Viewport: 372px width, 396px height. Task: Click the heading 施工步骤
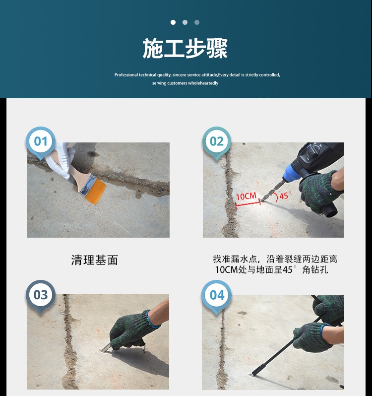pyautogui.click(x=185, y=49)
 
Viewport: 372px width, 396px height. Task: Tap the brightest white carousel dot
pyautogui.click(x=173, y=22)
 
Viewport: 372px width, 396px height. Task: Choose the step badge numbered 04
pyautogui.click(x=217, y=296)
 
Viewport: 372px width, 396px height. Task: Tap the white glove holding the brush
pyautogui.click(x=61, y=160)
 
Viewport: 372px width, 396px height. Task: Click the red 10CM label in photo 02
pyautogui.click(x=246, y=196)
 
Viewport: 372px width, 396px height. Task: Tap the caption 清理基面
pyautogui.click(x=95, y=260)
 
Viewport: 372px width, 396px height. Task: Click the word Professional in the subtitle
pyautogui.click(x=126, y=75)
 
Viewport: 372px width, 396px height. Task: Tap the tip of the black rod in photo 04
pyautogui.click(x=252, y=375)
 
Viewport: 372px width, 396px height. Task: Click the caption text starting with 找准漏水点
pyautogui.click(x=275, y=264)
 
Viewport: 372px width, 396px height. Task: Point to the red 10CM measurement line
pyautogui.click(x=248, y=203)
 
